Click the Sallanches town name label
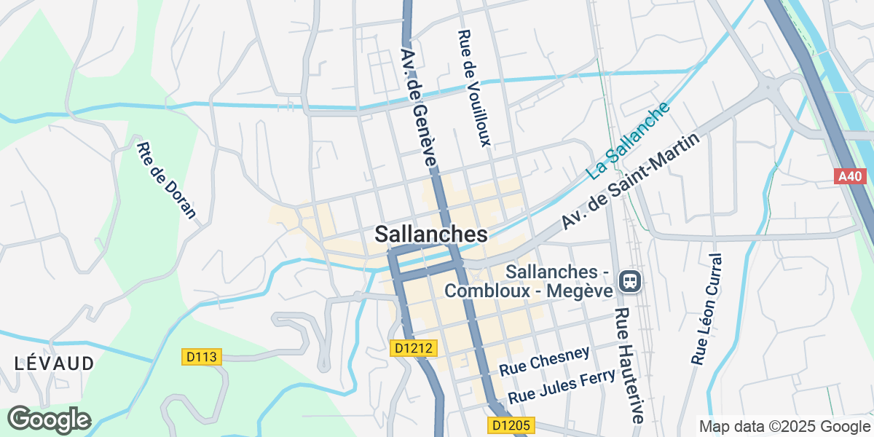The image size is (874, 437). (x=430, y=234)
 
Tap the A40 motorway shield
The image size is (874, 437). (x=849, y=176)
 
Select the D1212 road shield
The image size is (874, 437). (x=414, y=349)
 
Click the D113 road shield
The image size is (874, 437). (x=201, y=356)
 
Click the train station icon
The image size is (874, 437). (x=629, y=280)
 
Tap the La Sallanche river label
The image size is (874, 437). (x=629, y=141)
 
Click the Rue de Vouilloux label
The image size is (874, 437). (x=473, y=88)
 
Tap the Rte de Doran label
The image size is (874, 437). (x=167, y=180)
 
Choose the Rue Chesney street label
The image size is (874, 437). (x=544, y=361)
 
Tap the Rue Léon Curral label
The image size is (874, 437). (x=706, y=309)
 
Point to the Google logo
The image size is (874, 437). (x=49, y=420)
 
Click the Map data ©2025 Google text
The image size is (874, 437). (x=784, y=426)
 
